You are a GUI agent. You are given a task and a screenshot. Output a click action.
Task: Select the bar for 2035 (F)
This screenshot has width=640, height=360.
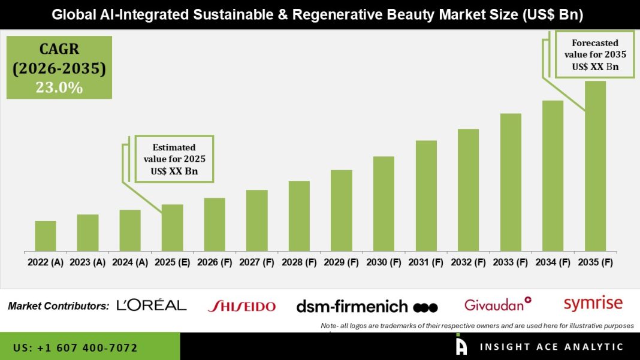pyautogui.click(x=595, y=166)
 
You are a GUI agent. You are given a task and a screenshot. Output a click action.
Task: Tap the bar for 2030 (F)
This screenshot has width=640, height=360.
pyautogui.click(x=384, y=204)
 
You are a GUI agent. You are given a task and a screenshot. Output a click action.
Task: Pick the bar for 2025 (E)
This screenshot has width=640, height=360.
pyautogui.click(x=172, y=228)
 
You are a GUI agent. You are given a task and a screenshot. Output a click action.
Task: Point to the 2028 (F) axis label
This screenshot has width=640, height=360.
pyautogui.click(x=299, y=262)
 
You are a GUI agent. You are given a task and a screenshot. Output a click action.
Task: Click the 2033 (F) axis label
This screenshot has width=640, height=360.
pyautogui.click(x=511, y=262)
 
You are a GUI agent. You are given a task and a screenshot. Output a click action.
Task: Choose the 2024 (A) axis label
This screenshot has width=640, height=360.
pyautogui.click(x=129, y=262)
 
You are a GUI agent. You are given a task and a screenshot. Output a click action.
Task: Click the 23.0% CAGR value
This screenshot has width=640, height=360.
pyautogui.click(x=59, y=87)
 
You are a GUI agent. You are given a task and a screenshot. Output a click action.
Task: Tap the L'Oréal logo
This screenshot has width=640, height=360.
pyautogui.click(x=152, y=305)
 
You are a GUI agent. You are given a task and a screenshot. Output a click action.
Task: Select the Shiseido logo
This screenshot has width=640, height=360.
pyautogui.click(x=241, y=306)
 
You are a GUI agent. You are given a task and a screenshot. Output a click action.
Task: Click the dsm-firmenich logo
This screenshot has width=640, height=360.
pyautogui.click(x=367, y=307)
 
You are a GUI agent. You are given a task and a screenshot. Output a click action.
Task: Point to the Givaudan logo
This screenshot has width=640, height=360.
pyautogui.click(x=498, y=304)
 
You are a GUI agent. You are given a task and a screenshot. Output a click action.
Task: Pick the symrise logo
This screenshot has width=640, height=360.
pyautogui.click(x=593, y=304)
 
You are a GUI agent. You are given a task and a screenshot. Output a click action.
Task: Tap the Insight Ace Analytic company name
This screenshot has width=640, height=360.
pyautogui.click(x=551, y=347)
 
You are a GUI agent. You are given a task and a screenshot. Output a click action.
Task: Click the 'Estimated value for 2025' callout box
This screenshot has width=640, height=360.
pyautogui.click(x=174, y=159)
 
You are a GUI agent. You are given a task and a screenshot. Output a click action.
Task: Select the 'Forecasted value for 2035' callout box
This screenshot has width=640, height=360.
pyautogui.click(x=595, y=55)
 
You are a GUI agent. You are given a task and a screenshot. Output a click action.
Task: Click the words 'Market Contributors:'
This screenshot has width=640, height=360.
pyautogui.click(x=59, y=305)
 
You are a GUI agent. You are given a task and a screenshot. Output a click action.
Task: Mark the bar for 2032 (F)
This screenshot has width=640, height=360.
pyautogui.click(x=468, y=190)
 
